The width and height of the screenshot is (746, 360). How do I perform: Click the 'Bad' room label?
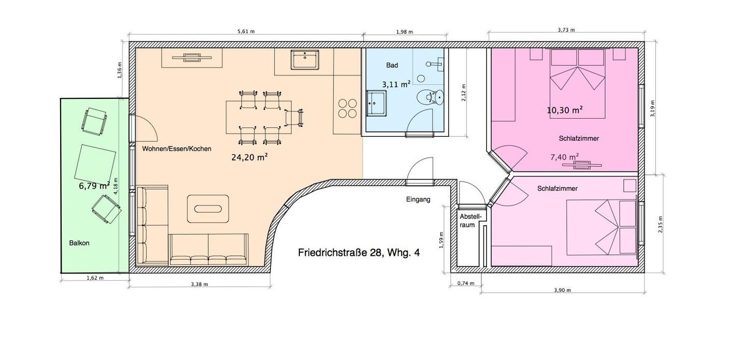[392, 65]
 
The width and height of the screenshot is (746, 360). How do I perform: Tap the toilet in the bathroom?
[431, 97]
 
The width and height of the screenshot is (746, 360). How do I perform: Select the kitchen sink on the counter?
[305, 60]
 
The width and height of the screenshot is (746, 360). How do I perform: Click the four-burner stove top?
[347, 109]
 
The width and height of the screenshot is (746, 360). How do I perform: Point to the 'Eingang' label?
[418, 199]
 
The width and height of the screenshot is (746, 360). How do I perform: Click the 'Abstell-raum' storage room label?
[470, 221]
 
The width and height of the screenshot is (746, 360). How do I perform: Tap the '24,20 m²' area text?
[250, 157]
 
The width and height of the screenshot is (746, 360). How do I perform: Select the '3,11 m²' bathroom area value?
[396, 84]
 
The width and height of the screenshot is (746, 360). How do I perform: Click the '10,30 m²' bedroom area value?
[565, 110]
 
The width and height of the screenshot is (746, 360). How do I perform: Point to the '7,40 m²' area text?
[565, 156]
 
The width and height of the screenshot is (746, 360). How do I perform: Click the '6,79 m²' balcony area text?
[94, 185]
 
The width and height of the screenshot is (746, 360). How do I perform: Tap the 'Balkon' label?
[79, 243]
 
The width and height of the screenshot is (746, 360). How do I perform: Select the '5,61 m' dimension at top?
[246, 32]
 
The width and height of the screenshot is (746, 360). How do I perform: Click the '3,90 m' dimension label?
[562, 290]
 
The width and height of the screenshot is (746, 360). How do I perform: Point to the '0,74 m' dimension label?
[466, 283]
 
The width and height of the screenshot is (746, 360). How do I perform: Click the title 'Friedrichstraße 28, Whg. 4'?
[358, 253]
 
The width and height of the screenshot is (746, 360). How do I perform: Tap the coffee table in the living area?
[208, 209]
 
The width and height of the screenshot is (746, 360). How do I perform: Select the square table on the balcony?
[95, 166]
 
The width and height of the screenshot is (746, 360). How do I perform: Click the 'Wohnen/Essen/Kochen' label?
[177, 149]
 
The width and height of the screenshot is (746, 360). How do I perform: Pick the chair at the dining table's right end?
[295, 118]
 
